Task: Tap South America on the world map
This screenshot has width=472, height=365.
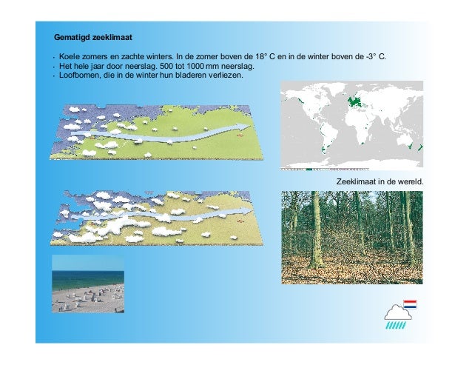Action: click(x=326, y=137)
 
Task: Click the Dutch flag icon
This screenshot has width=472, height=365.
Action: click(x=410, y=304)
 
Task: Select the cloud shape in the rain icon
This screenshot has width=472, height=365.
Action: click(x=398, y=311)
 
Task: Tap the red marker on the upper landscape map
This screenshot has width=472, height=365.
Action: click(x=239, y=135)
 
